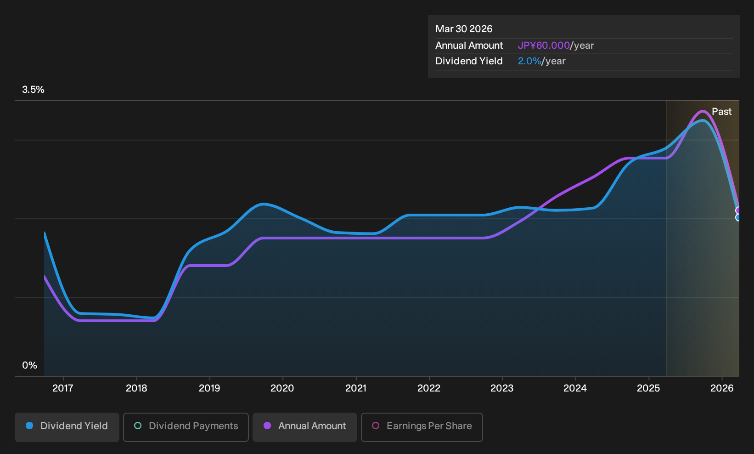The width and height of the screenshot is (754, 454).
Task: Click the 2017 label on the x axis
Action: [63, 388]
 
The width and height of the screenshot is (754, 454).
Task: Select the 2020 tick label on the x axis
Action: [282, 388]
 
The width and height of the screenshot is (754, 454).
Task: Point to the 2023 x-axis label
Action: [502, 388]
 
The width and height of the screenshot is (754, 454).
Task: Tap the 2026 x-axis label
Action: [722, 388]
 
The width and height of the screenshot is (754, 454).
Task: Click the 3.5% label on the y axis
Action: [33, 90]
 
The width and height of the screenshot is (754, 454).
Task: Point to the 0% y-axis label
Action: [30, 365]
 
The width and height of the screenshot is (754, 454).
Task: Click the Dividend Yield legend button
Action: [67, 427]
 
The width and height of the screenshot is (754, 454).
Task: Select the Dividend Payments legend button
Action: [186, 427]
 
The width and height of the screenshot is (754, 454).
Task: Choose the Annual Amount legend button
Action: [304, 427]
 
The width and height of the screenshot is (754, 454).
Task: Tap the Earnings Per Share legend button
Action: [422, 427]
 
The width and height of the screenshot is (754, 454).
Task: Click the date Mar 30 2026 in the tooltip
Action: [464, 29]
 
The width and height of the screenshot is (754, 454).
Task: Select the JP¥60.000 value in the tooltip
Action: [544, 45]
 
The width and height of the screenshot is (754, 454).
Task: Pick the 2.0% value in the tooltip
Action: [529, 61]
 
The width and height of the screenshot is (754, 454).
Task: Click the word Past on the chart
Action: [721, 112]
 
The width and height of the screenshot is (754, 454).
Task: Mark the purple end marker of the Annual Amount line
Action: [738, 210]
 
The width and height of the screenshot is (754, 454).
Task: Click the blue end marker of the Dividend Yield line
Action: [738, 217]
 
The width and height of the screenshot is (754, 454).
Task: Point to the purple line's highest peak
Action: [703, 111]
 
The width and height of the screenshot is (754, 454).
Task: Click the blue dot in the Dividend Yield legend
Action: [30, 426]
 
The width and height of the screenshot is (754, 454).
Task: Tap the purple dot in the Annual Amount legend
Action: [267, 426]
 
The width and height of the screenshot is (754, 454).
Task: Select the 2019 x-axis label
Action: [209, 388]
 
